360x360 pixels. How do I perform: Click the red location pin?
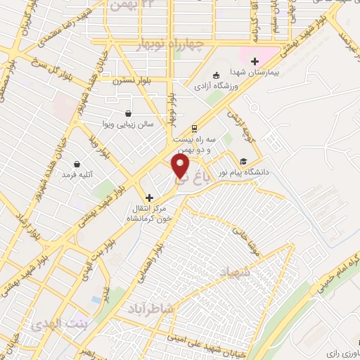(x=181, y=167)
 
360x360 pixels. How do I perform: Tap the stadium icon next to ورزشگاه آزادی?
(x=217, y=75)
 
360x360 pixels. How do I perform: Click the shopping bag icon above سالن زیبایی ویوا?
(x=128, y=112)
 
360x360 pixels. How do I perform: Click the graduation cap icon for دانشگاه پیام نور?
(x=243, y=160)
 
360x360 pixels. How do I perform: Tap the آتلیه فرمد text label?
(x=78, y=174)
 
